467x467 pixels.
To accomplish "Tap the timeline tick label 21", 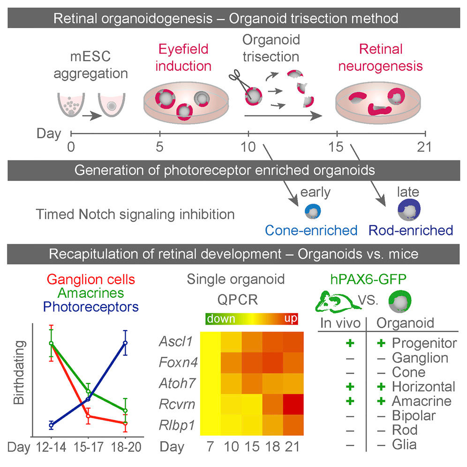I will [x=424, y=147].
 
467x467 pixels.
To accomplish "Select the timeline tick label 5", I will [x=160, y=147].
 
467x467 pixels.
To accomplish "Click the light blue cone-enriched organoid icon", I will [x=310, y=211].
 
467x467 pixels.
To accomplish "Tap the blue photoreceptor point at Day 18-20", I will [x=125, y=343].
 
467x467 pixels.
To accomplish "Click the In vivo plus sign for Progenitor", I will [x=349, y=343].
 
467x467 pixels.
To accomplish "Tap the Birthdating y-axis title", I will [x=18, y=380].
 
